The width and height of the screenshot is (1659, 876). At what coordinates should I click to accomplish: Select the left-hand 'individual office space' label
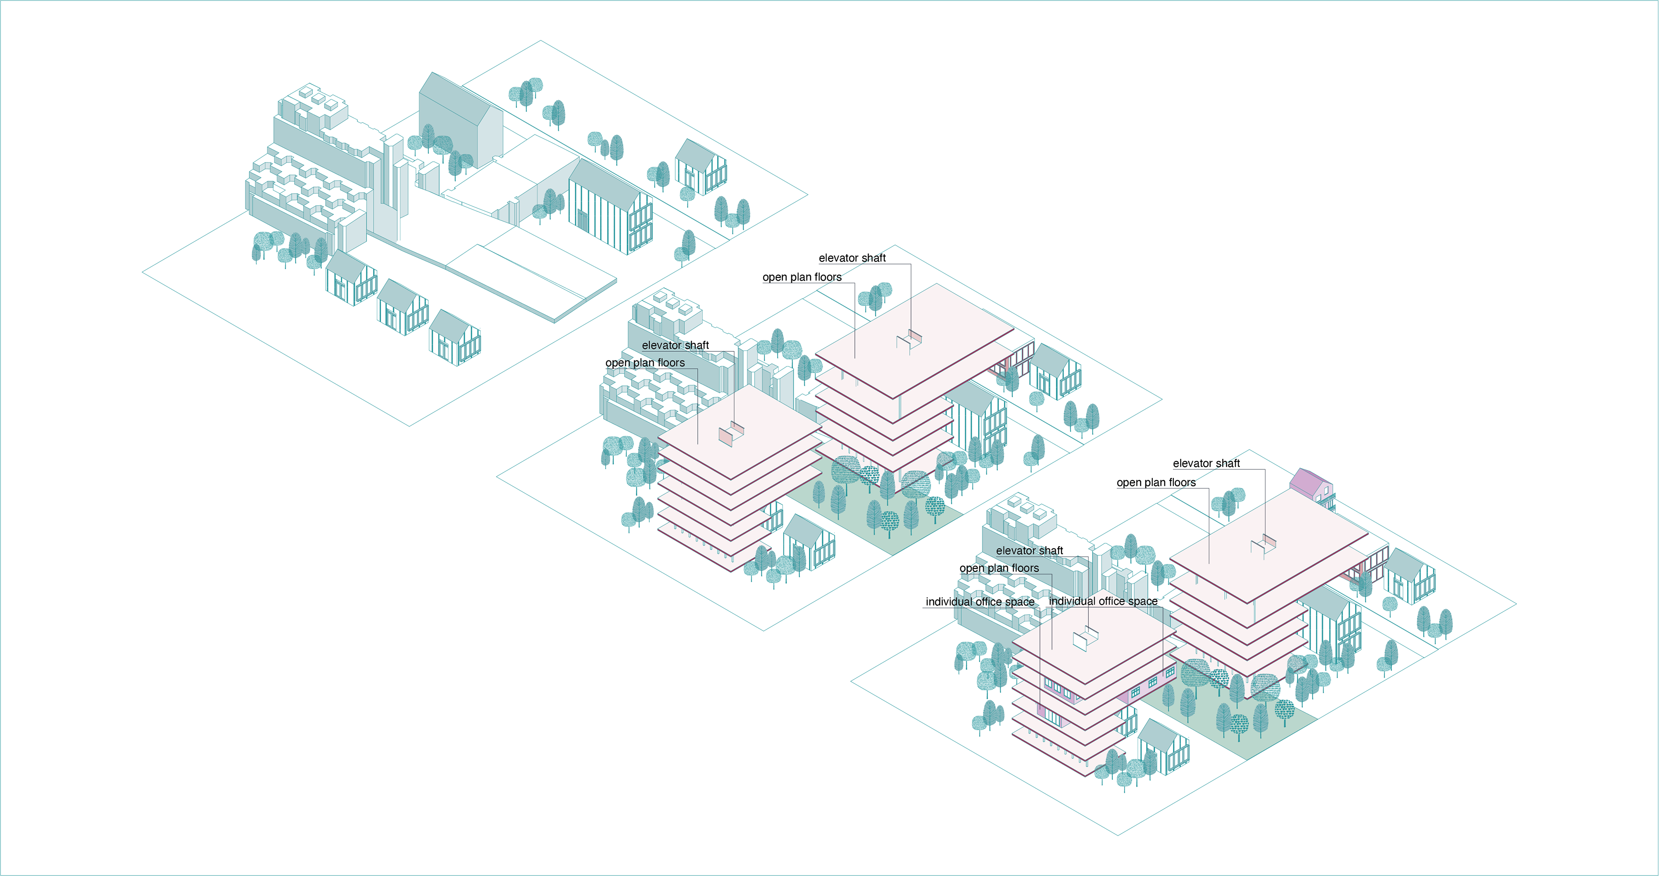click(x=979, y=602)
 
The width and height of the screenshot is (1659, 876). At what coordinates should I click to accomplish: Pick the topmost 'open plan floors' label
click(x=802, y=277)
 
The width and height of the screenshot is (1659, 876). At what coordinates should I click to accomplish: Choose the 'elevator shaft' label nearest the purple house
click(x=1206, y=463)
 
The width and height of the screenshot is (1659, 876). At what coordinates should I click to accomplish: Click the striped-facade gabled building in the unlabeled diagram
click(x=609, y=206)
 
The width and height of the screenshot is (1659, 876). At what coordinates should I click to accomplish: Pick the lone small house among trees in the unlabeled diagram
click(x=700, y=166)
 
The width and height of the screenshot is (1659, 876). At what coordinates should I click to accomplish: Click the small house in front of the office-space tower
click(x=1163, y=747)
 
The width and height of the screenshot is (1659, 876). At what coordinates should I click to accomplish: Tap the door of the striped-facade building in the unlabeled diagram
click(x=582, y=220)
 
